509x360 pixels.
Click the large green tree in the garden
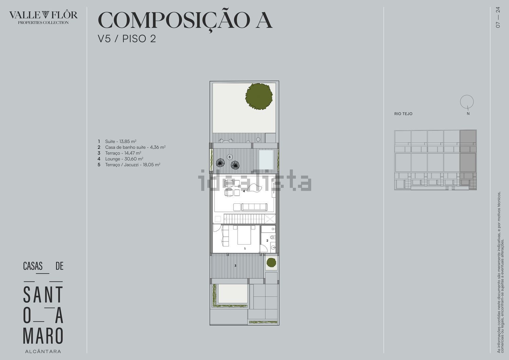click(259, 97)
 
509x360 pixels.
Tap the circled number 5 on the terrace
click(229, 157)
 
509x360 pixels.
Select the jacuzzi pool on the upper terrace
click(266, 159)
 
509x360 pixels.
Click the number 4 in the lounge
click(244, 191)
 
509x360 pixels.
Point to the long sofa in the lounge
click(254, 207)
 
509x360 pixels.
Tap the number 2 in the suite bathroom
click(267, 240)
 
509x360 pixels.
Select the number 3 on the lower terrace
click(235, 265)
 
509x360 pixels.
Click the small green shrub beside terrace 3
click(271, 263)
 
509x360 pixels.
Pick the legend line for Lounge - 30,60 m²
click(120, 159)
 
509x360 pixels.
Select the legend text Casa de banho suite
click(125, 147)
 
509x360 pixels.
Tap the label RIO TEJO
click(403, 114)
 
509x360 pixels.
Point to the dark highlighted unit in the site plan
click(468, 160)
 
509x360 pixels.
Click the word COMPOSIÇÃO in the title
click(174, 20)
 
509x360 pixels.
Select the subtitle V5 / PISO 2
click(127, 39)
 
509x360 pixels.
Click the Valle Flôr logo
click(43, 17)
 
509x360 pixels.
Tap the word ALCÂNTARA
click(43, 352)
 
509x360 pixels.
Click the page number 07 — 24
click(498, 17)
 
